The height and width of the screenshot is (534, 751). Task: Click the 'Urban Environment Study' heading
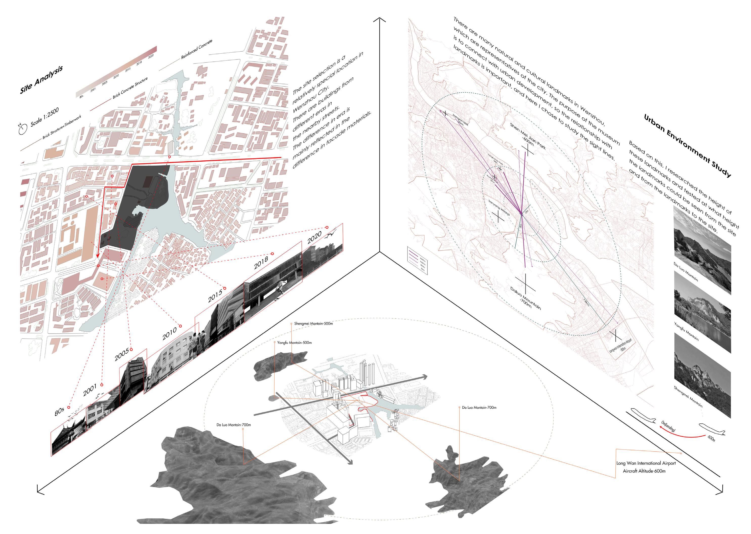pyautogui.click(x=687, y=146)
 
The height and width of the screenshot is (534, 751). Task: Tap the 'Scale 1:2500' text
pyautogui.click(x=45, y=117)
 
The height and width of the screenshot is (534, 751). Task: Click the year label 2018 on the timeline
pyautogui.click(x=261, y=262)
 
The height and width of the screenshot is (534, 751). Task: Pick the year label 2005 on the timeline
pyautogui.click(x=122, y=355)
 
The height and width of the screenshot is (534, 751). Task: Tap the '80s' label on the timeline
pyautogui.click(x=59, y=412)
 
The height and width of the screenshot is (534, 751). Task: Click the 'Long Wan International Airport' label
pyautogui.click(x=646, y=463)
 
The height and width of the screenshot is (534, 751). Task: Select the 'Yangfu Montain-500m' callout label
pyautogui.click(x=294, y=343)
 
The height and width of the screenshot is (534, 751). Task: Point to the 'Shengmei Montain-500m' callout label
pyautogui.click(x=313, y=324)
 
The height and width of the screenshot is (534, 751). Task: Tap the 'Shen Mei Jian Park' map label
pyautogui.click(x=528, y=136)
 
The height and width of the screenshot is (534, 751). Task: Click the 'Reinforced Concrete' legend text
pyautogui.click(x=197, y=50)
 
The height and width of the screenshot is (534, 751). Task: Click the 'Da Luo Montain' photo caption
pyautogui.click(x=686, y=272)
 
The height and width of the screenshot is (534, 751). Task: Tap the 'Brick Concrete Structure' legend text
pyautogui.click(x=130, y=88)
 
